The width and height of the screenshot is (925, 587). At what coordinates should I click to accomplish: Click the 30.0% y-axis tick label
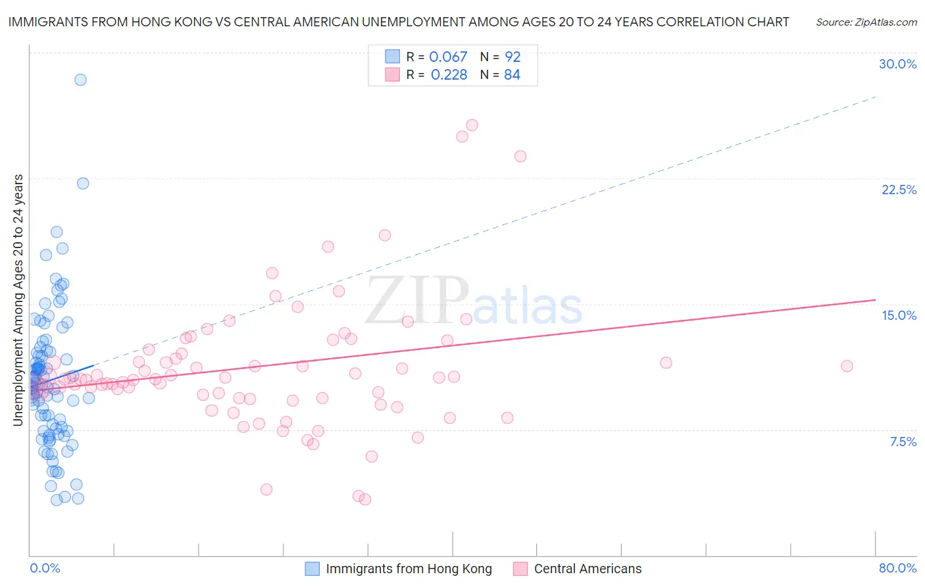(x=897, y=64)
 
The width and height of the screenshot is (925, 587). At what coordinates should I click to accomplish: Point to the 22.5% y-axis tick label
(x=899, y=190)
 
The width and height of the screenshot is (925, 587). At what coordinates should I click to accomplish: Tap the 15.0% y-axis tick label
(x=899, y=315)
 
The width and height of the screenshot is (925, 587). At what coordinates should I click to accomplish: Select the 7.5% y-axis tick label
(x=903, y=442)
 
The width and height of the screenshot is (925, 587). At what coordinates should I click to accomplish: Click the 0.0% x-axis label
(x=45, y=568)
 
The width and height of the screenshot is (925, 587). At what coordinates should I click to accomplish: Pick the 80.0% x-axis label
(x=897, y=568)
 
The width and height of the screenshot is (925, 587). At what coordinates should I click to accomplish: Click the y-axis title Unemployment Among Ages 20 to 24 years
(x=18, y=300)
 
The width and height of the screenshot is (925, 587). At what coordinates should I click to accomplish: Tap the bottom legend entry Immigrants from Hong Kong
(x=409, y=569)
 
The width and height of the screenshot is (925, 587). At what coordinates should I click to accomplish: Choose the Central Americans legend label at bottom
(x=587, y=569)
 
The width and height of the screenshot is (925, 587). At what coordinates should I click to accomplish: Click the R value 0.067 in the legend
(x=448, y=57)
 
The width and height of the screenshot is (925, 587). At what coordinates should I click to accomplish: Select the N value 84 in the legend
(x=512, y=74)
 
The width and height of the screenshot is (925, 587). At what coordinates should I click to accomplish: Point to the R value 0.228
(x=449, y=74)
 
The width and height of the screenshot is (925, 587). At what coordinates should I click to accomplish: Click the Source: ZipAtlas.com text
(x=866, y=22)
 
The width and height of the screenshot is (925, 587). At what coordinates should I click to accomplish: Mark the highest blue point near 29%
(x=80, y=80)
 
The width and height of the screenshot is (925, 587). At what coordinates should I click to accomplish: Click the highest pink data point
(x=472, y=125)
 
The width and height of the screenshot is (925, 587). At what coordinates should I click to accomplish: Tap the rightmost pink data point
(x=847, y=366)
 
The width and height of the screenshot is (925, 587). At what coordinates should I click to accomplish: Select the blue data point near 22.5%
(x=83, y=184)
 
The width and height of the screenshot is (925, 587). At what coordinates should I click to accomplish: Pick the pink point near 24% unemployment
(x=520, y=156)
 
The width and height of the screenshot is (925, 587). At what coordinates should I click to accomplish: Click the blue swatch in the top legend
(x=392, y=57)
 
